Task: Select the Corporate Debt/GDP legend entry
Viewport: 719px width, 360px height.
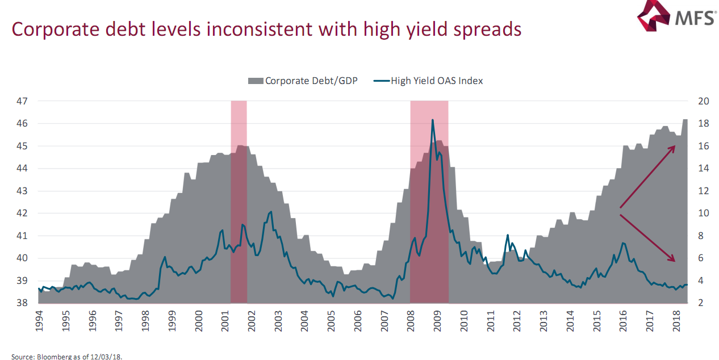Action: [303, 81]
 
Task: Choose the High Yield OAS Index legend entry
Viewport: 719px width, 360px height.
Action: [429, 81]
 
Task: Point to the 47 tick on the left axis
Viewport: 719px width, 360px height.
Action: [22, 101]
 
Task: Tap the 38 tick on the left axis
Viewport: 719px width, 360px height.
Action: [22, 303]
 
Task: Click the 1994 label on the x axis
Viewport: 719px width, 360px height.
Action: [39, 322]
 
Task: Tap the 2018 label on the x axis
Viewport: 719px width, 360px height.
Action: [676, 322]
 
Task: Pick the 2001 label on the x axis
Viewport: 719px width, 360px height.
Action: [225, 322]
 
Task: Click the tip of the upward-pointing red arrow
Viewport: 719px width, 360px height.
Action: [675, 146]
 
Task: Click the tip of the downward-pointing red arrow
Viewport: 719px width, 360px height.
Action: [675, 261]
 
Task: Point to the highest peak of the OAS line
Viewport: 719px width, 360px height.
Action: [433, 120]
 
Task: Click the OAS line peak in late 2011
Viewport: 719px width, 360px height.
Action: [508, 235]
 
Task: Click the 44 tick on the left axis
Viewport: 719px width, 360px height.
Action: [22, 169]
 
